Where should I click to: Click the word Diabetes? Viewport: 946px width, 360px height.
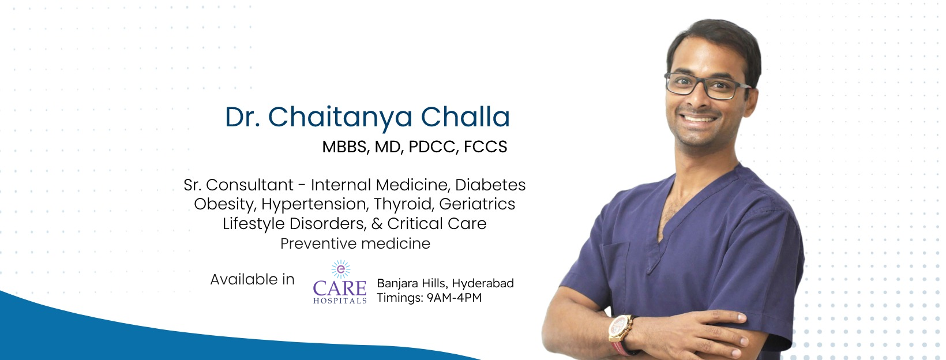[x=490, y=185]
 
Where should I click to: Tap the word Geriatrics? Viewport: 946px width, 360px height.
[x=477, y=204]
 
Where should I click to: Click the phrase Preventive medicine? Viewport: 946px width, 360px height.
[x=355, y=243]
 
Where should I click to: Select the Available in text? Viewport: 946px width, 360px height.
[x=252, y=280]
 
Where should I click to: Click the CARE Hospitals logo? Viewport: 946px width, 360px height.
[x=340, y=288]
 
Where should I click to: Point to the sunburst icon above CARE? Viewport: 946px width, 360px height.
[x=340, y=269]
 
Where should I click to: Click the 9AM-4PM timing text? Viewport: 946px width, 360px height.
[x=454, y=298]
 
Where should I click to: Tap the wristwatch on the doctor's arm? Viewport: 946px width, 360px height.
[x=620, y=329]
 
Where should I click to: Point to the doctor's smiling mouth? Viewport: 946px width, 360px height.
[x=699, y=119]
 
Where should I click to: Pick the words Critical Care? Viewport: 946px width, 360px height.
[x=437, y=224]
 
